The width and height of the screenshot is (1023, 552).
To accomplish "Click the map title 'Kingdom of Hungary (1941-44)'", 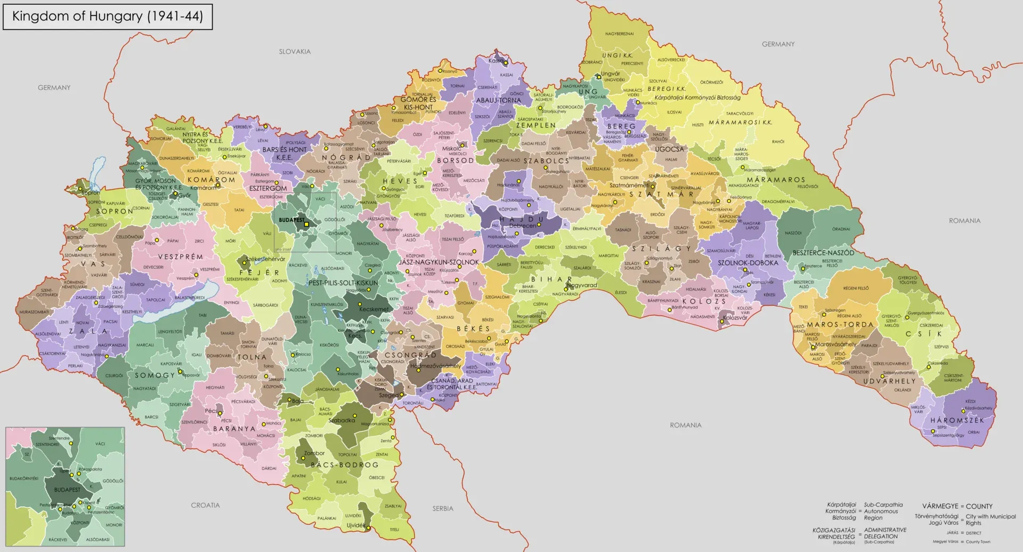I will [x=107, y=16].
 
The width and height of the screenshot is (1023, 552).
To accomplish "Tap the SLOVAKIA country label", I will [x=295, y=52].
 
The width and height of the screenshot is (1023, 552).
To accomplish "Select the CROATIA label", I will [x=205, y=505].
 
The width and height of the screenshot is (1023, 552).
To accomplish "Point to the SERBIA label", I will [x=442, y=509].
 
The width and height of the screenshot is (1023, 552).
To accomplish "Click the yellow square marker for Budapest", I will [x=306, y=225].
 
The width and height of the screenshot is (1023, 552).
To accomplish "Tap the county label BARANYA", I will [x=234, y=429].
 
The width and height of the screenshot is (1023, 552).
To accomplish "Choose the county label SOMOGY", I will [x=155, y=375].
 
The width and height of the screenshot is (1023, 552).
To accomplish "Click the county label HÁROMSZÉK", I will [x=957, y=420].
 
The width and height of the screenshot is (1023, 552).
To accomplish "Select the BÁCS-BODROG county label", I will [x=344, y=465].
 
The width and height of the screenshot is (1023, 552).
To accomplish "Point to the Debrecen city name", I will [x=523, y=226].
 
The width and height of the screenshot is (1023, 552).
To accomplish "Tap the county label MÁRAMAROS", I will [x=775, y=180].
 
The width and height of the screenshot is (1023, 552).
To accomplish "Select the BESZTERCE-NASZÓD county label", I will [x=823, y=253].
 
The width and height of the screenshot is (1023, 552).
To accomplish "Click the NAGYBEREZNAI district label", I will [x=619, y=34].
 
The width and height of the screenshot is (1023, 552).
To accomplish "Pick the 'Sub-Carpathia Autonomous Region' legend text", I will [x=883, y=511].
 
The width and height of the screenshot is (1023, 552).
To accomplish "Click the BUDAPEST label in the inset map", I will [x=67, y=490].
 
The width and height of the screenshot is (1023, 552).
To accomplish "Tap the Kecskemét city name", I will [x=374, y=309].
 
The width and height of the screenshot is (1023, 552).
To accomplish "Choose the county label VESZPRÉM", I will [x=180, y=257].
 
